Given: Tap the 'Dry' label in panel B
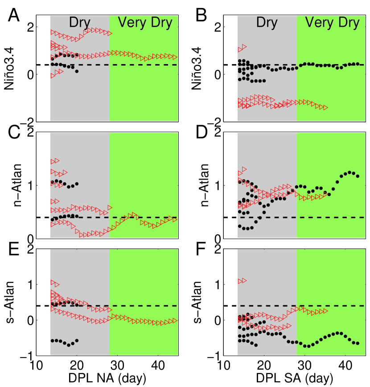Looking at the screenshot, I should coord(267,23).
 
